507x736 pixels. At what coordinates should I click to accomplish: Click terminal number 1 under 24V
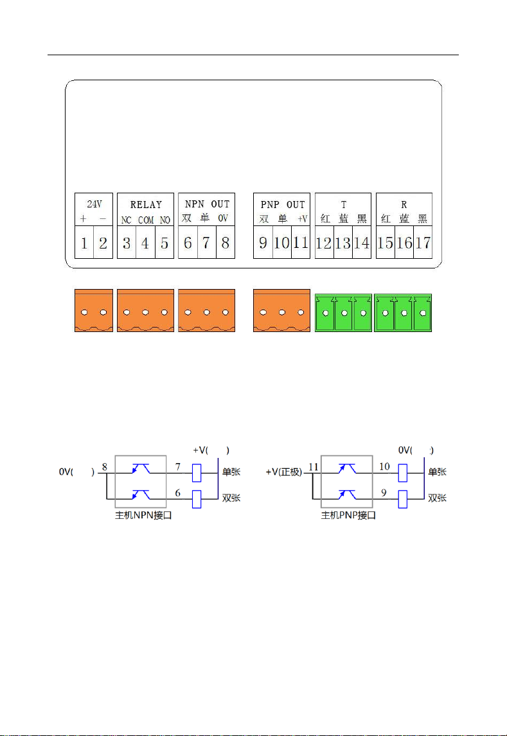click(84, 243)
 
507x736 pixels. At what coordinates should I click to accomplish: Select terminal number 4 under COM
click(145, 243)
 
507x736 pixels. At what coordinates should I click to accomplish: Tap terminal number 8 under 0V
click(226, 243)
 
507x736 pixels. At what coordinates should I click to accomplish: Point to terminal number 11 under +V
click(301, 243)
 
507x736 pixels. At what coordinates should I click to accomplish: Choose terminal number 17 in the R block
click(423, 243)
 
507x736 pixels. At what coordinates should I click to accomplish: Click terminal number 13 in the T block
click(343, 243)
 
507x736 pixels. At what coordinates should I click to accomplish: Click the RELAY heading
click(146, 205)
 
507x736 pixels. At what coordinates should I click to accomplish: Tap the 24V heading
click(94, 204)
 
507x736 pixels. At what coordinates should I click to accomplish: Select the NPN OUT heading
click(207, 204)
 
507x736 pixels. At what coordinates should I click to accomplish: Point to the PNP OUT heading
click(283, 205)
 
